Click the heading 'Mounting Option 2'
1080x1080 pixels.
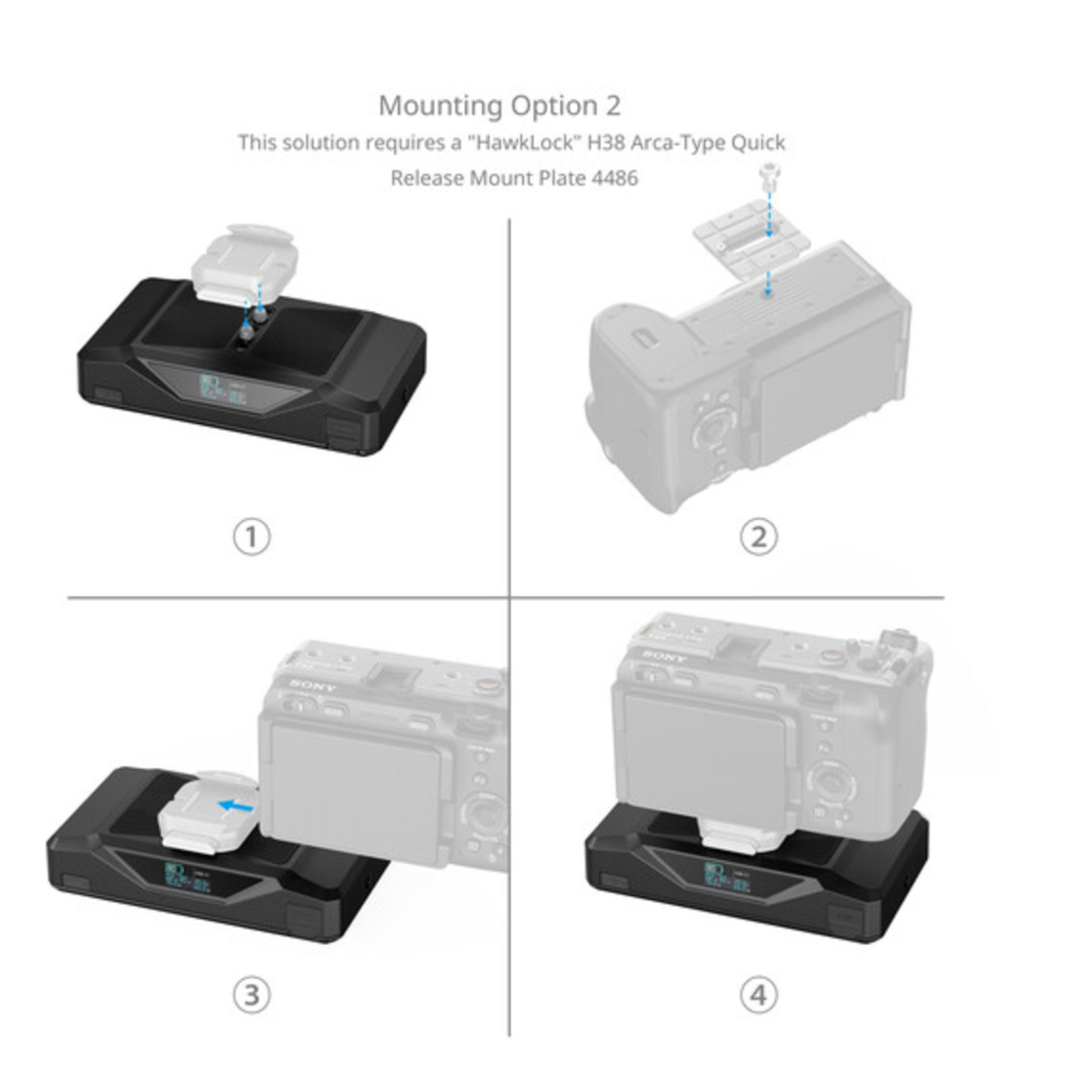point(499,106)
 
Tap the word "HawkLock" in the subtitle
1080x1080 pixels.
point(525,143)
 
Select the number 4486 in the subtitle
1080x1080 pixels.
point(615,178)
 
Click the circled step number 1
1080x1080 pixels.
point(252,537)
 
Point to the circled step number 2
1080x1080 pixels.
point(758,537)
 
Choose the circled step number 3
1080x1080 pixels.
point(252,995)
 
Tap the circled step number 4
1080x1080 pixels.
point(758,995)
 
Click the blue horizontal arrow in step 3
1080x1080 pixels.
point(236,806)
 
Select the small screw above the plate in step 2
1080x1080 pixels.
point(768,177)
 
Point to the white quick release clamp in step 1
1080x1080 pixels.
point(245,262)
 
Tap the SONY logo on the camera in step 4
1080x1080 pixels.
point(666,656)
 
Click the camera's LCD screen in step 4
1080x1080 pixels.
point(705,758)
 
